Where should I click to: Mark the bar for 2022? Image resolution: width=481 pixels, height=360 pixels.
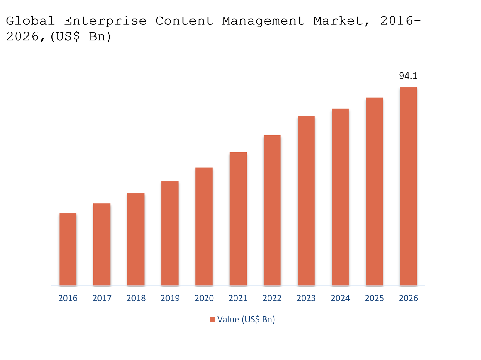point(272,210)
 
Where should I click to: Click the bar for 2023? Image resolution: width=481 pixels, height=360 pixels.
point(306,201)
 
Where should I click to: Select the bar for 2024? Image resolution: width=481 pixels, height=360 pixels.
point(340,197)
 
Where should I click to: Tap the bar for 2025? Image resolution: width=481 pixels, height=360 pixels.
point(374,192)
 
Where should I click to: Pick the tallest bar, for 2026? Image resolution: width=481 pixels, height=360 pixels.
point(408,186)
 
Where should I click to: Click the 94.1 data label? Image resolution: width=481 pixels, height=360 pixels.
point(408,76)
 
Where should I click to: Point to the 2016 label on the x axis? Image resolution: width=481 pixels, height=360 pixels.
point(68,298)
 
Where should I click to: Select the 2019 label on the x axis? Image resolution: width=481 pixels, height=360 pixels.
point(170,298)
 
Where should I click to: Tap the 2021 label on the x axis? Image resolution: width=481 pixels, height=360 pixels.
point(238,298)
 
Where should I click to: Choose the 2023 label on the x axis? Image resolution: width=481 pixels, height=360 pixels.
point(306,298)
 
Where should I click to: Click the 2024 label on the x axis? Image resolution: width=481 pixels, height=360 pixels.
point(340,298)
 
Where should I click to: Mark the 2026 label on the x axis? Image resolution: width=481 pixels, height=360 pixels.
point(408,298)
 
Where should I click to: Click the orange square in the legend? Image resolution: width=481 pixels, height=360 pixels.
point(213,319)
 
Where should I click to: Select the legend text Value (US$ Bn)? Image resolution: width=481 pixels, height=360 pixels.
point(246,319)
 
